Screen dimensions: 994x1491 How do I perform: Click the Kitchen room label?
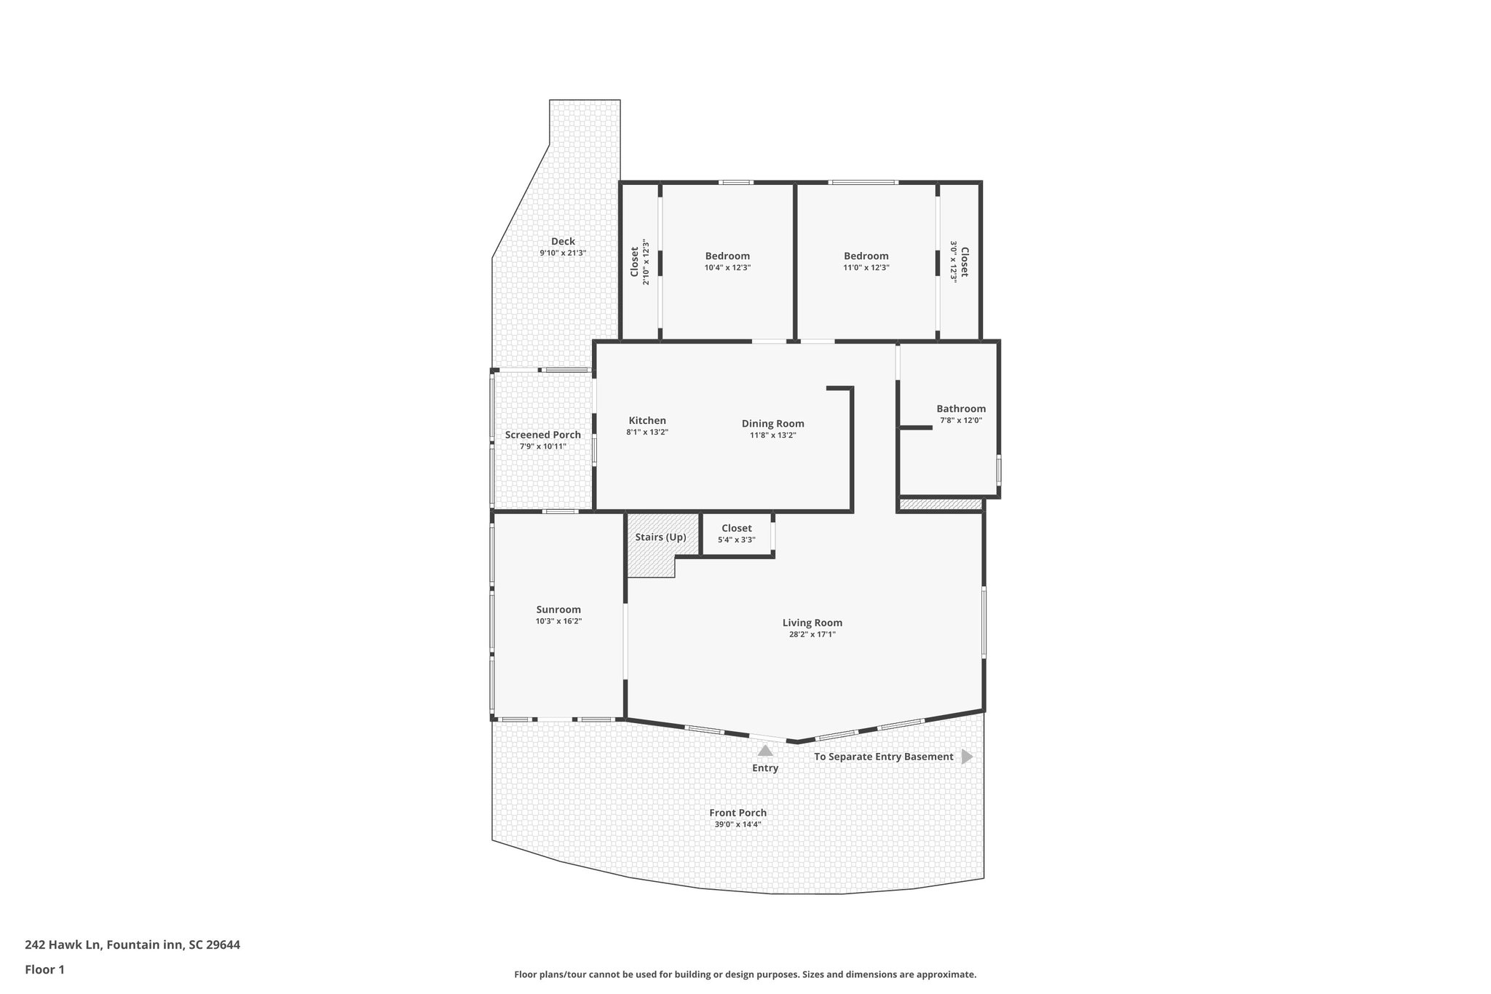[x=646, y=421]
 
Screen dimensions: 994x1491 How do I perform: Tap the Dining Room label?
[x=772, y=424]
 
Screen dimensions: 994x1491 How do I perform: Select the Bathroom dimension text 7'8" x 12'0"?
[x=960, y=420]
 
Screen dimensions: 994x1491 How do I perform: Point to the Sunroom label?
[x=558, y=610]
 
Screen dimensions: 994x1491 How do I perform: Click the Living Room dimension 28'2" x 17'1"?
[x=812, y=634]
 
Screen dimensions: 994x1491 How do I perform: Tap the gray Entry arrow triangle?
[x=765, y=751]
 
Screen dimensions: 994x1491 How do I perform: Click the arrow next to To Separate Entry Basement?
[x=966, y=757]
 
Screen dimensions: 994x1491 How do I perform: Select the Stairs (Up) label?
[x=660, y=537]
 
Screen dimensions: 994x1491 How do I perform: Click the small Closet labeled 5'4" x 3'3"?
[x=736, y=529]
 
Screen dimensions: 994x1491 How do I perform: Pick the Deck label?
[x=563, y=242]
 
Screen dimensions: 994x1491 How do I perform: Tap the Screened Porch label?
[x=542, y=435]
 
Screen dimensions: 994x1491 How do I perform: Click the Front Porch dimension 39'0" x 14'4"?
[x=737, y=824]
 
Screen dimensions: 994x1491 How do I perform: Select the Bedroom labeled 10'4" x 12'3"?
[x=727, y=256]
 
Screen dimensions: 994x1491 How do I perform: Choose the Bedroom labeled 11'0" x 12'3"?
[x=866, y=256]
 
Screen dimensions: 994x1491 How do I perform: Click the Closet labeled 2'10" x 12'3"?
[x=634, y=261]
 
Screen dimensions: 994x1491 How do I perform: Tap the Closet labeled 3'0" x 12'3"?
[x=964, y=261]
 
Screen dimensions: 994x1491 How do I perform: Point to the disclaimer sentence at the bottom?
[x=745, y=974]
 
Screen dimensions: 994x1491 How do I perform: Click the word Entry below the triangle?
[x=765, y=768]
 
